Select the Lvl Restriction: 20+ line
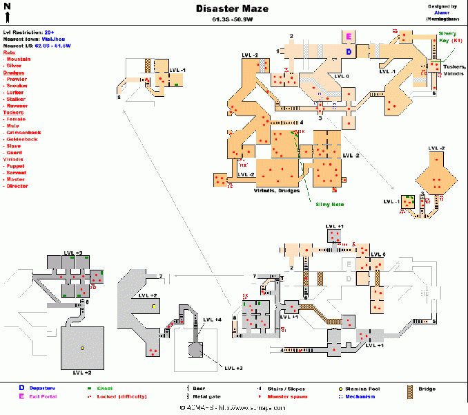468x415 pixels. [x=29, y=33]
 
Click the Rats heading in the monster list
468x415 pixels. [x=9, y=52]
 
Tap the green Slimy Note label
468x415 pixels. [x=330, y=204]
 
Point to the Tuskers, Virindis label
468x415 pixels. [x=452, y=70]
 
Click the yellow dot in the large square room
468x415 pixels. [x=82, y=348]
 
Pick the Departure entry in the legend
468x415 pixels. [x=39, y=389]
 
